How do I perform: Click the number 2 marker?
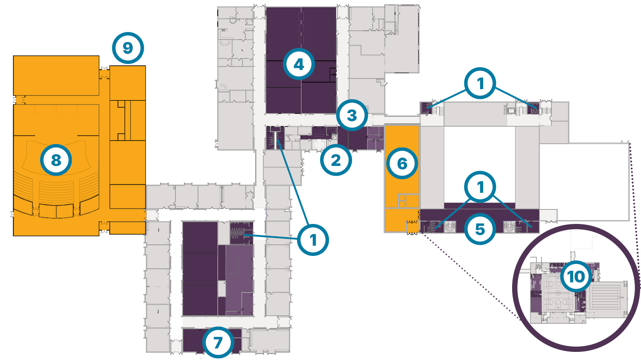336,160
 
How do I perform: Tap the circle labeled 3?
352,115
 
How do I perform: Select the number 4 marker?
299,64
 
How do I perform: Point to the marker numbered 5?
480,229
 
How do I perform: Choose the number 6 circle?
402,163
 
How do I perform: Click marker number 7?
218,342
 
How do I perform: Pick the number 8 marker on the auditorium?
56,160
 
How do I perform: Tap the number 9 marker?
128,48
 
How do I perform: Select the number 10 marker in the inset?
575,276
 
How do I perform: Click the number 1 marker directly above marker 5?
480,187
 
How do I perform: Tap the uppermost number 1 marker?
480,83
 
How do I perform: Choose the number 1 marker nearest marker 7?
313,240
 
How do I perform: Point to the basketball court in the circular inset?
558,294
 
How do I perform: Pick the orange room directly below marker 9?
128,83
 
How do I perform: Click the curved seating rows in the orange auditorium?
55,190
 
